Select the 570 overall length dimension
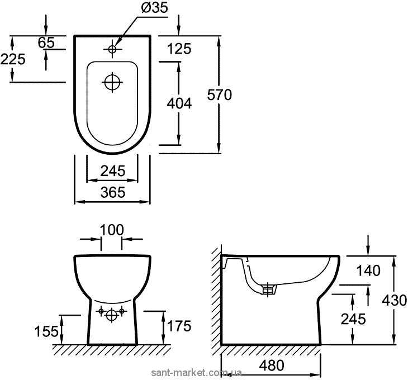point(219,95)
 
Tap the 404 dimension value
point(179,103)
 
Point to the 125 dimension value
point(179,49)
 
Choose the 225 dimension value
point(13,59)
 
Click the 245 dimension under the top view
point(112,170)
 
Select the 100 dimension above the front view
point(112,230)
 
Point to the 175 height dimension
point(179,325)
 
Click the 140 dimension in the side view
point(368,271)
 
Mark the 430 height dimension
point(395,300)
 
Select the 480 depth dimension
point(272,365)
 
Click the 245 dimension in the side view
point(354,319)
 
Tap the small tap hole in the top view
point(112,49)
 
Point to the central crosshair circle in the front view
point(112,315)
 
